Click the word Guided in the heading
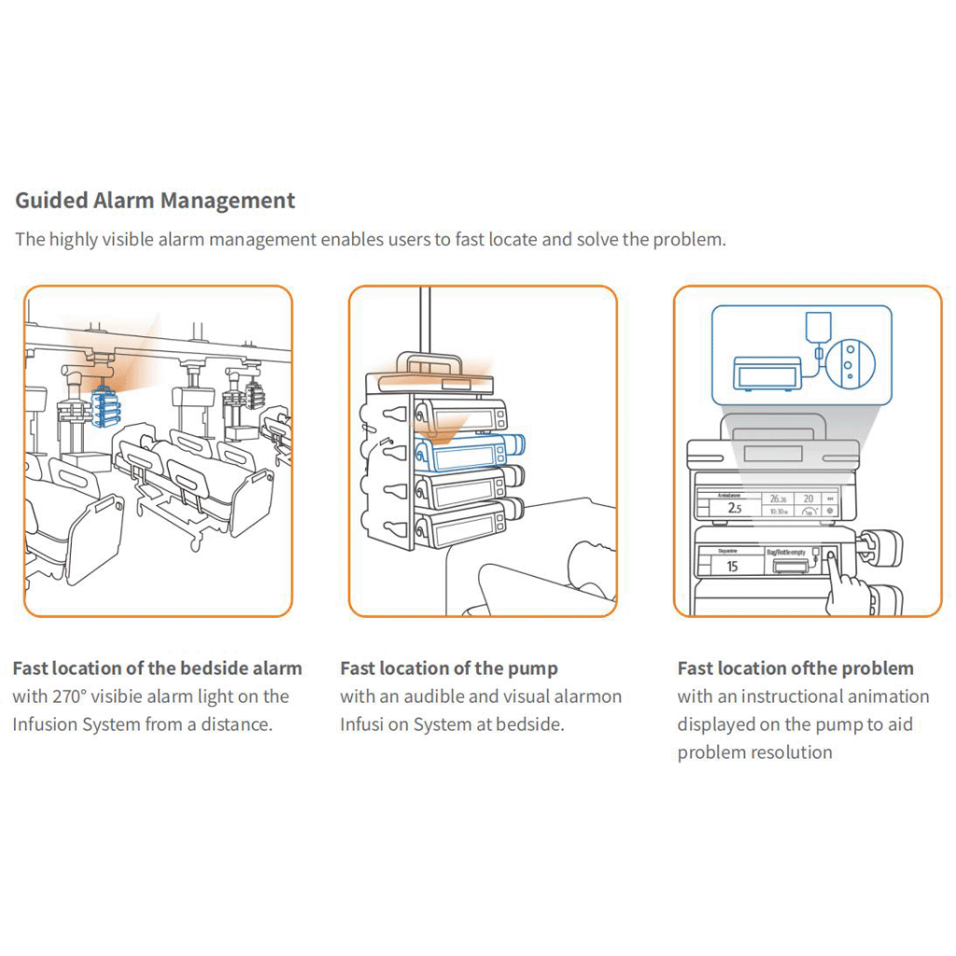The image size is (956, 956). point(52,201)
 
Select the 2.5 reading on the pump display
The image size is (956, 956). point(735,509)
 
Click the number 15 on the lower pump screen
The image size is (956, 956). point(732,567)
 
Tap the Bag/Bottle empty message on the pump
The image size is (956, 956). point(785,553)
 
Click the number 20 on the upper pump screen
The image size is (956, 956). point(808,499)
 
